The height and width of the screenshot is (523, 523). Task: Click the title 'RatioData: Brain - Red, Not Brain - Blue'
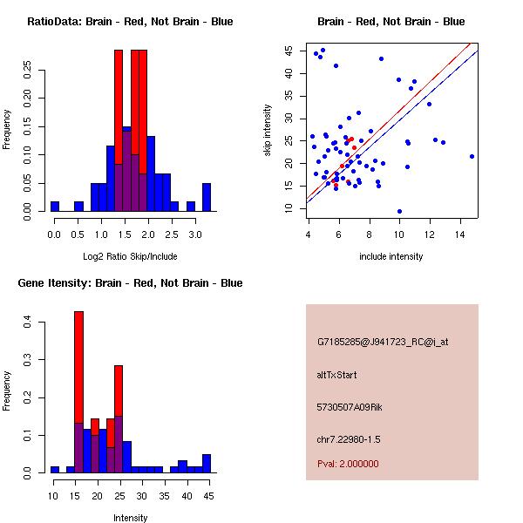130,22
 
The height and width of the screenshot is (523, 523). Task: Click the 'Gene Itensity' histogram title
130,283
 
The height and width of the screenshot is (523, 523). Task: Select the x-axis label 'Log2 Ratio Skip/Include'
130,256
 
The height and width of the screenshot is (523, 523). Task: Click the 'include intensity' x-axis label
391,256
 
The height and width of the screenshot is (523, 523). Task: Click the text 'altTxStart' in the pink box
336,375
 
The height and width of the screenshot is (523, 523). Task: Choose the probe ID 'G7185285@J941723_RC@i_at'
384,343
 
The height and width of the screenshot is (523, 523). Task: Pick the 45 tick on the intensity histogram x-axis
207,496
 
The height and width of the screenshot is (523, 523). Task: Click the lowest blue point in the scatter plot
399,211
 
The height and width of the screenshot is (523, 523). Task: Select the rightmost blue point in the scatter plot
472,157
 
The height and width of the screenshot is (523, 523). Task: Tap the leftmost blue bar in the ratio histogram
55,207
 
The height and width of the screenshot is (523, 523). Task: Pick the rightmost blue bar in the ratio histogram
207,197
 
